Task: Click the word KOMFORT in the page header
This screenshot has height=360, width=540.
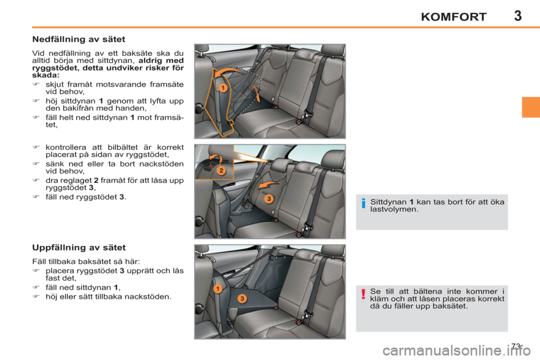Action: point(453,17)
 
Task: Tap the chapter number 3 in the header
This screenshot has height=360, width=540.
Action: point(517,15)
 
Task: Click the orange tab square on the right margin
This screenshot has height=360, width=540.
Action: point(530,107)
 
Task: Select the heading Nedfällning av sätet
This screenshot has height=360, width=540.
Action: point(78,40)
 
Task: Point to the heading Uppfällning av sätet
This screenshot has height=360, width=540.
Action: point(78,247)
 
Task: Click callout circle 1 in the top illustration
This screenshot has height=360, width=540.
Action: point(223,88)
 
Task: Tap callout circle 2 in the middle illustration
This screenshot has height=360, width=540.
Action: point(222,170)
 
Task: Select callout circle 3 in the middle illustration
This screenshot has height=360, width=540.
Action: point(269,199)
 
